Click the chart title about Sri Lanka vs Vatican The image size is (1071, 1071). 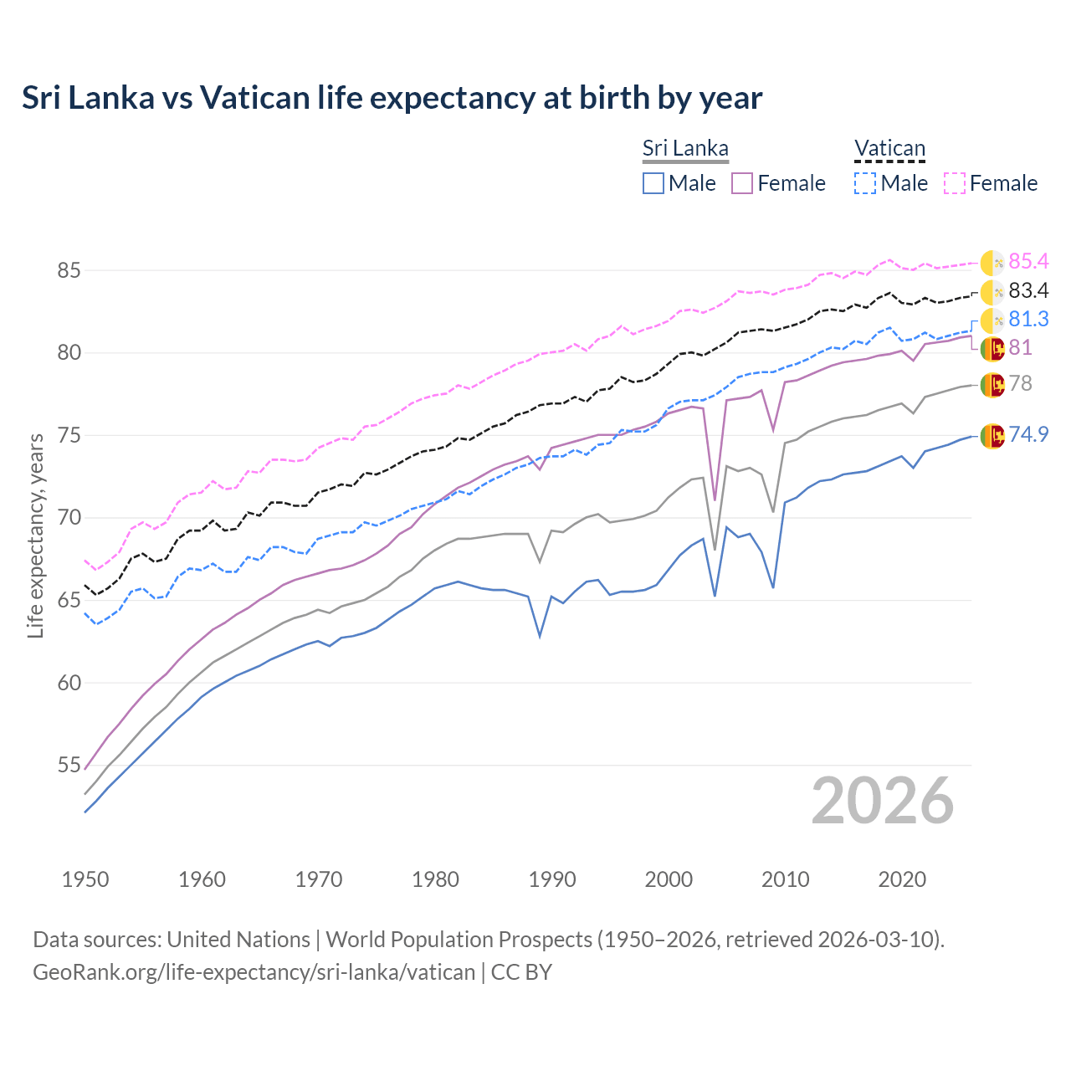(x=392, y=98)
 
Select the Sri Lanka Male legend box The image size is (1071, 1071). (x=653, y=183)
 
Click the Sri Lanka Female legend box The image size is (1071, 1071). (x=742, y=183)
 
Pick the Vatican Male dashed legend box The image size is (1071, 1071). (x=865, y=183)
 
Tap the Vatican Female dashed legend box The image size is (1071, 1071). (x=955, y=183)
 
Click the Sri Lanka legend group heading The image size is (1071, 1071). (x=685, y=149)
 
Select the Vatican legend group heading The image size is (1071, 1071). (x=889, y=149)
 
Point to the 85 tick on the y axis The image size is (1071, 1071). (x=69, y=270)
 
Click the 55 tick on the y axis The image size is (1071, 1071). (x=69, y=765)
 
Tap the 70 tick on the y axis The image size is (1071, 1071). (x=69, y=518)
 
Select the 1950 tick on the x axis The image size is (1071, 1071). (x=85, y=879)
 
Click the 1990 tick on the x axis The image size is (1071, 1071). (x=552, y=879)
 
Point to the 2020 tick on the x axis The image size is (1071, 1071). (x=902, y=879)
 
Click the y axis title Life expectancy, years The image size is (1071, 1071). (x=36, y=535)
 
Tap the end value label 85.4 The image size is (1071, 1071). (x=1028, y=262)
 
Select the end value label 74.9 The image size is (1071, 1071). (x=1028, y=434)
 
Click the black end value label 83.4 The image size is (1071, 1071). (x=1028, y=290)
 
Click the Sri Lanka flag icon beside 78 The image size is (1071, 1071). (x=992, y=385)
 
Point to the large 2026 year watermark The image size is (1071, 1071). (x=883, y=801)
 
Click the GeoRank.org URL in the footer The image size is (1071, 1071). (x=254, y=972)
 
